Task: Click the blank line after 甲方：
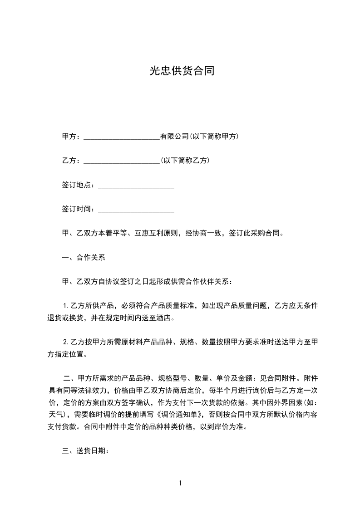122,137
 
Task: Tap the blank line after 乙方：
122,161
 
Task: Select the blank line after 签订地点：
136,185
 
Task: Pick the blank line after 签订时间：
136,209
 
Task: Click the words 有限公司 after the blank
174,137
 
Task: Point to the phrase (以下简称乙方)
185,161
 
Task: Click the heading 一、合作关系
84,258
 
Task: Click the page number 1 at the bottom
180,483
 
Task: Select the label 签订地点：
79,185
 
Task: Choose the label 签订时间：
79,209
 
